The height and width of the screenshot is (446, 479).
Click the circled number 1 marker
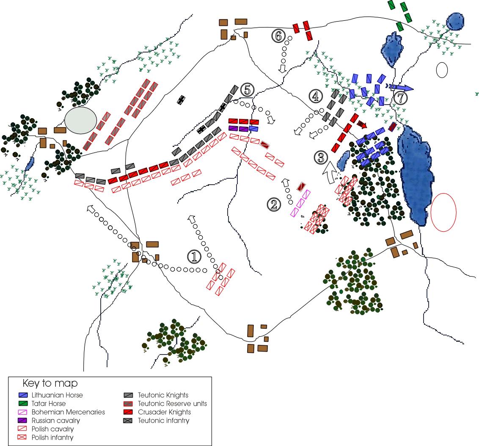(193, 256)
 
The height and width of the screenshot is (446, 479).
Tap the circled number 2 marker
(273, 205)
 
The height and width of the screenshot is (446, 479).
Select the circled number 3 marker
(321, 158)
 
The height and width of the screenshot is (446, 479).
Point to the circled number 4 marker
(315, 97)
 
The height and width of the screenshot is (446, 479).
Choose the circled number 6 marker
(278, 36)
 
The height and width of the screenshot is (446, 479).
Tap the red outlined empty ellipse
(443, 212)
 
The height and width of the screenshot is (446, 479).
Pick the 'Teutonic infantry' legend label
(164, 421)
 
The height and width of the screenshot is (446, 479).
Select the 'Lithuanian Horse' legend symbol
(27, 395)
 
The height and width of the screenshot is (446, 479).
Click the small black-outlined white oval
(442, 70)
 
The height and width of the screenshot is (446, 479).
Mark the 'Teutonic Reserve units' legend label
(173, 404)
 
